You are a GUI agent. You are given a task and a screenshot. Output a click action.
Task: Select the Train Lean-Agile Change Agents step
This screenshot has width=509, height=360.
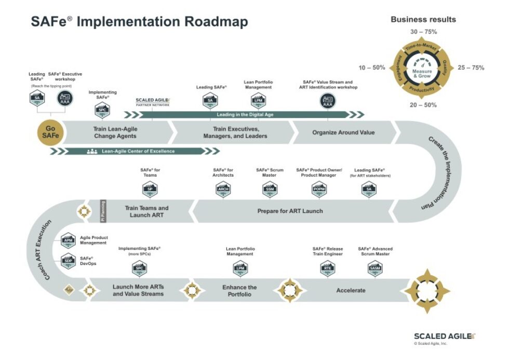pyautogui.click(x=115, y=132)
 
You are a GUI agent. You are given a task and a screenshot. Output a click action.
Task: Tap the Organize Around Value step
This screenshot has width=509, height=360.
pyautogui.click(x=343, y=132)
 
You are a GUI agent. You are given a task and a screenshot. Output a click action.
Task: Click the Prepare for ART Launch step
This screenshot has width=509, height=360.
pyautogui.click(x=290, y=211)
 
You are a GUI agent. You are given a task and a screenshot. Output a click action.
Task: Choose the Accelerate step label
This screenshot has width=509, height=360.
pyautogui.click(x=351, y=290)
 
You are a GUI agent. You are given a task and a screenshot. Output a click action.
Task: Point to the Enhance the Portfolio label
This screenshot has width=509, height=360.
pyautogui.click(x=239, y=291)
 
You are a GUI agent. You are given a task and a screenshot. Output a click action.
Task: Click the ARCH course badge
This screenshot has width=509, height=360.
pyautogui.click(x=223, y=191)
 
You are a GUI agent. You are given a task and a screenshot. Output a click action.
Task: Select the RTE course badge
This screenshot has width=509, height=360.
pyautogui.click(x=327, y=269)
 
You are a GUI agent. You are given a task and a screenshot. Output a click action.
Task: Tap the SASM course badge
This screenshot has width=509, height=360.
pyautogui.click(x=374, y=269)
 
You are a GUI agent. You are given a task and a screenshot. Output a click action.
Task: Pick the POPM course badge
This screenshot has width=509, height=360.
pyautogui.click(x=319, y=191)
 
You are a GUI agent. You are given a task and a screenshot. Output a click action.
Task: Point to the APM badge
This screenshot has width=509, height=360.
pyautogui.click(x=68, y=240)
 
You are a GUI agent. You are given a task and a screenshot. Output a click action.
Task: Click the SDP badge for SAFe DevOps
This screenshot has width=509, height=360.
pyautogui.click(x=68, y=261)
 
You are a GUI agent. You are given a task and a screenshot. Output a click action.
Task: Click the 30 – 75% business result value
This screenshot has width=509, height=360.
pyautogui.click(x=423, y=32)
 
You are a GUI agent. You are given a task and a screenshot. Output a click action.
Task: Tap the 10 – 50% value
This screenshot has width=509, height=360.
pyautogui.click(x=372, y=68)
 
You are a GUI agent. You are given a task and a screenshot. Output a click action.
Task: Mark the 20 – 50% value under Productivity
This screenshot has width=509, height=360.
pyautogui.click(x=423, y=105)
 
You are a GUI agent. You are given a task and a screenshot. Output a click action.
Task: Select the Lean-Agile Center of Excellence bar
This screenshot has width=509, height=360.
pyautogui.click(x=137, y=151)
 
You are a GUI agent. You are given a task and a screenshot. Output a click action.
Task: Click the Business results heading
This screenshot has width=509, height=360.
pyautogui.click(x=423, y=20)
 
